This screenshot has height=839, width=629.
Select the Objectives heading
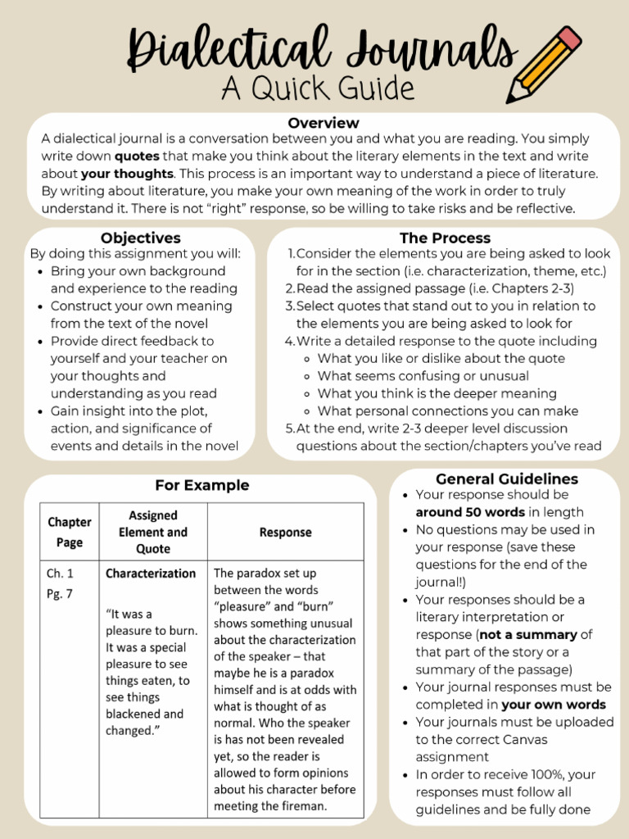[141, 238]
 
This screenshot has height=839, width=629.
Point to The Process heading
[445, 238]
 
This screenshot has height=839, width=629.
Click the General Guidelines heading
[506, 479]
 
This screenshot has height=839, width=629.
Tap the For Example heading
[202, 486]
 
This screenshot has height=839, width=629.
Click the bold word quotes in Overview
[137, 156]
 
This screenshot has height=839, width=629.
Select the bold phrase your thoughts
[127, 174]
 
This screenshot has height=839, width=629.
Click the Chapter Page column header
[70, 531]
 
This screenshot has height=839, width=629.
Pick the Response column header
[285, 533]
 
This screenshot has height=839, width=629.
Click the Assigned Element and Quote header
[153, 532]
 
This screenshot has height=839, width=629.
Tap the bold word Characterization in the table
[151, 574]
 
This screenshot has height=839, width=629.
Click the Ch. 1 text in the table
[60, 574]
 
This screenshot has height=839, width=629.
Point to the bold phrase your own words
[554, 705]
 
